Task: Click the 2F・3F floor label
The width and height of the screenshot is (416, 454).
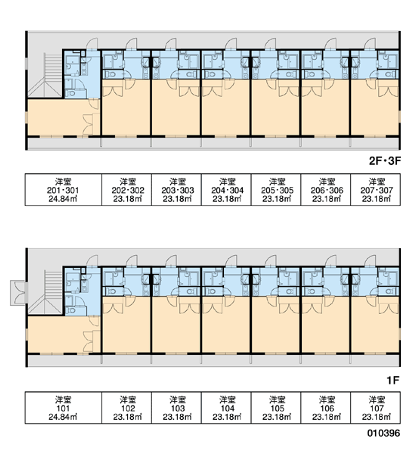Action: pyautogui.click(x=385, y=160)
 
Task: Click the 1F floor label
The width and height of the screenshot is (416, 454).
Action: pyautogui.click(x=393, y=380)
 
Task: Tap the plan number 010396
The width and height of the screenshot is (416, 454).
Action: pyautogui.click(x=383, y=433)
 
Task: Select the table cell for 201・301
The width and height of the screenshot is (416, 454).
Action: pyautogui.click(x=63, y=190)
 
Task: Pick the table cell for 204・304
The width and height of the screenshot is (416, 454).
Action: pyautogui.click(x=226, y=190)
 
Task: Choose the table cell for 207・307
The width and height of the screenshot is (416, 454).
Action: pyautogui.click(x=375, y=190)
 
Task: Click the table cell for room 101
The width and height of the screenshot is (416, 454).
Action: pyautogui.click(x=63, y=408)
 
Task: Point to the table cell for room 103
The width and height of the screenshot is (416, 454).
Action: pyautogui.click(x=176, y=408)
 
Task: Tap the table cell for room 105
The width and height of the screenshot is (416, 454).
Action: pyautogui.click(x=276, y=408)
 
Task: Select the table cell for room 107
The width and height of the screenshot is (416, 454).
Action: pyautogui.click(x=375, y=408)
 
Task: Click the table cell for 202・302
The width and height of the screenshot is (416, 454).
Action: pyautogui.click(x=126, y=190)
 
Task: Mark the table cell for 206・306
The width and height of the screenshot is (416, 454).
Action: pyautogui.click(x=326, y=190)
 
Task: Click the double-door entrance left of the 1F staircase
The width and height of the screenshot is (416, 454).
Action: pyautogui.click(x=18, y=292)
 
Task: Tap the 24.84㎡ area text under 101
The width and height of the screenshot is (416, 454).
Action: pyautogui.click(x=63, y=417)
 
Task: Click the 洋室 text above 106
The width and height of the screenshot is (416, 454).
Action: pyautogui.click(x=327, y=400)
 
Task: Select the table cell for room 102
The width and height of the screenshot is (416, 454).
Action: pyautogui.click(x=126, y=408)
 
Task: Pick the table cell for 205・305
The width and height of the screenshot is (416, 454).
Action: pyautogui.click(x=276, y=190)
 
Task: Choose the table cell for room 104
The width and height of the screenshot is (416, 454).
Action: pyautogui.click(x=226, y=408)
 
